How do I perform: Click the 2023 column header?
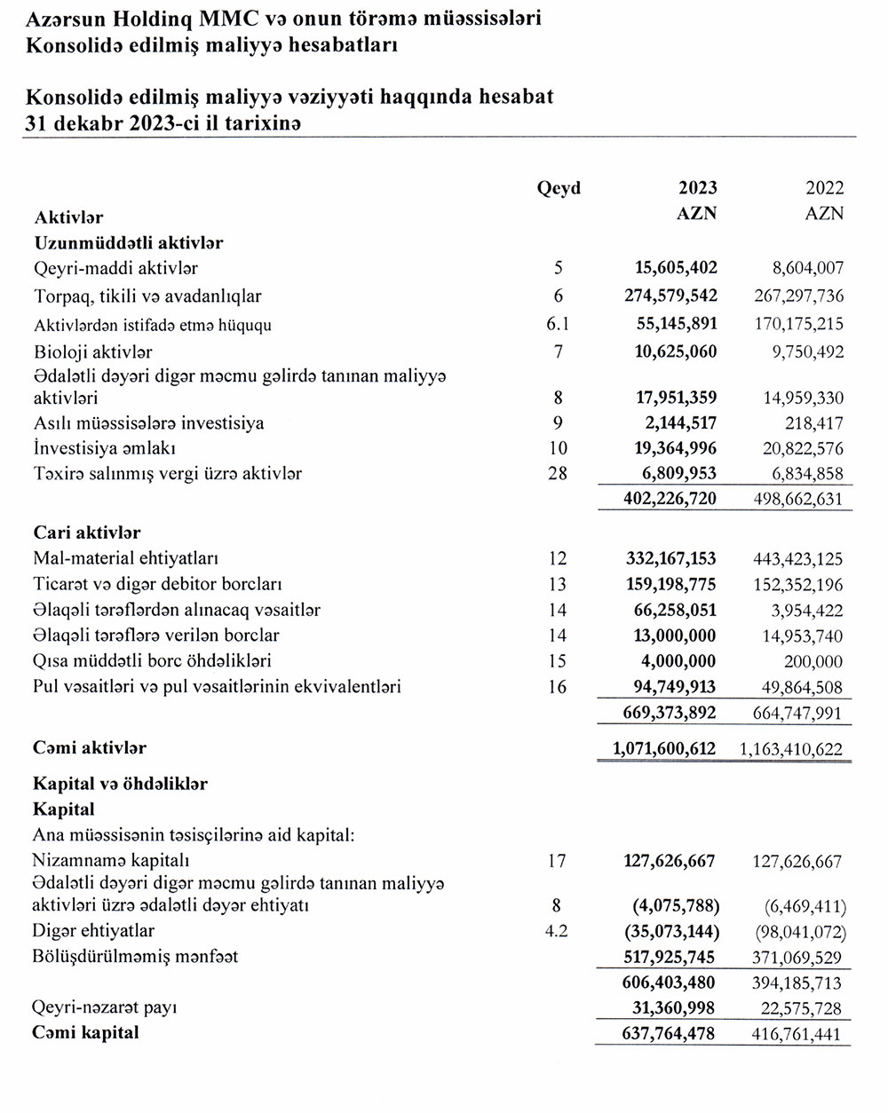[x=698, y=188]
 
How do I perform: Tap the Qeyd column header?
[x=559, y=188]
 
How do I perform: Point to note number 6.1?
[x=558, y=325]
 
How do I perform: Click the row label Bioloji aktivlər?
[x=93, y=352]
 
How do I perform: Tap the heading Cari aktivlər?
[x=87, y=533]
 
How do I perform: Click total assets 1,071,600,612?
[x=663, y=749]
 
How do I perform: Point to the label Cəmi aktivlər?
[x=90, y=749]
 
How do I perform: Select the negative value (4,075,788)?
[x=676, y=906]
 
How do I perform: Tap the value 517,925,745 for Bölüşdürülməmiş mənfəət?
[x=669, y=957]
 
